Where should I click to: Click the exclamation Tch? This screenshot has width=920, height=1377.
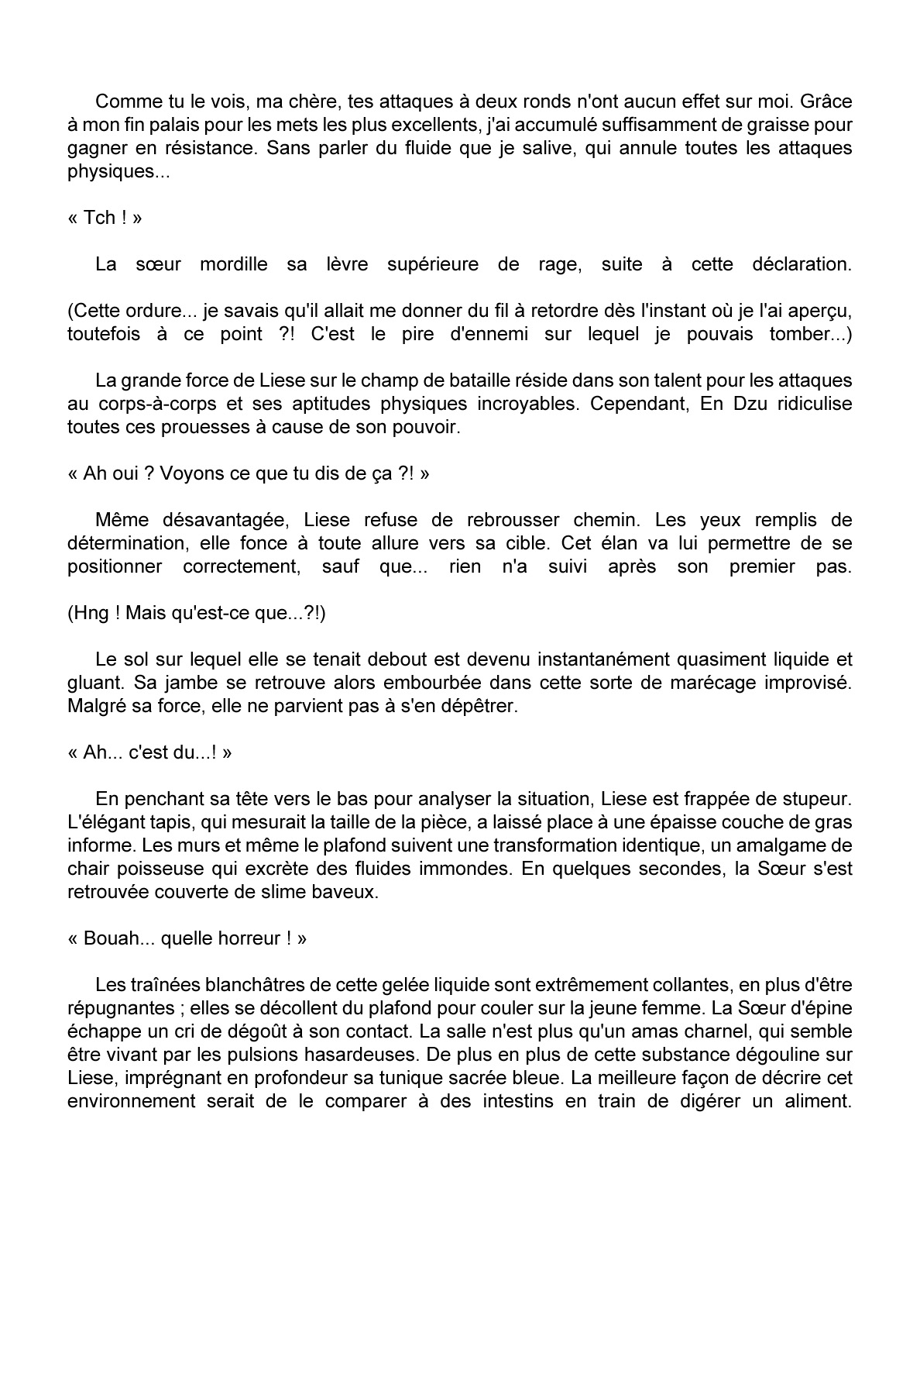click(x=99, y=218)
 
